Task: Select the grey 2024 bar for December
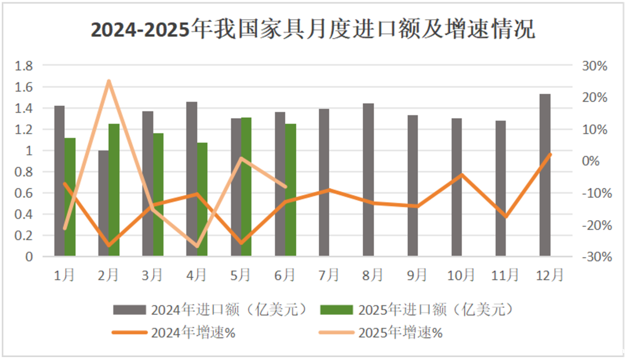[545, 174]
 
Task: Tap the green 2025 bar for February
[114, 191]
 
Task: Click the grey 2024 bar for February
[103, 203]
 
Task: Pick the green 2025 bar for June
[290, 191]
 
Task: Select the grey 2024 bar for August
[368, 180]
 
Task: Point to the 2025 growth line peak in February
[108, 81]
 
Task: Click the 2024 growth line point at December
[550, 154]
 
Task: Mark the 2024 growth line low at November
[507, 217]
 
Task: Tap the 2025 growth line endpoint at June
[285, 186]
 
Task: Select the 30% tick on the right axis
[594, 66]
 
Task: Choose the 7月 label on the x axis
[328, 274]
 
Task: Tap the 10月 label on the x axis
[461, 274]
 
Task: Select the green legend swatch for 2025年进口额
[336, 310]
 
